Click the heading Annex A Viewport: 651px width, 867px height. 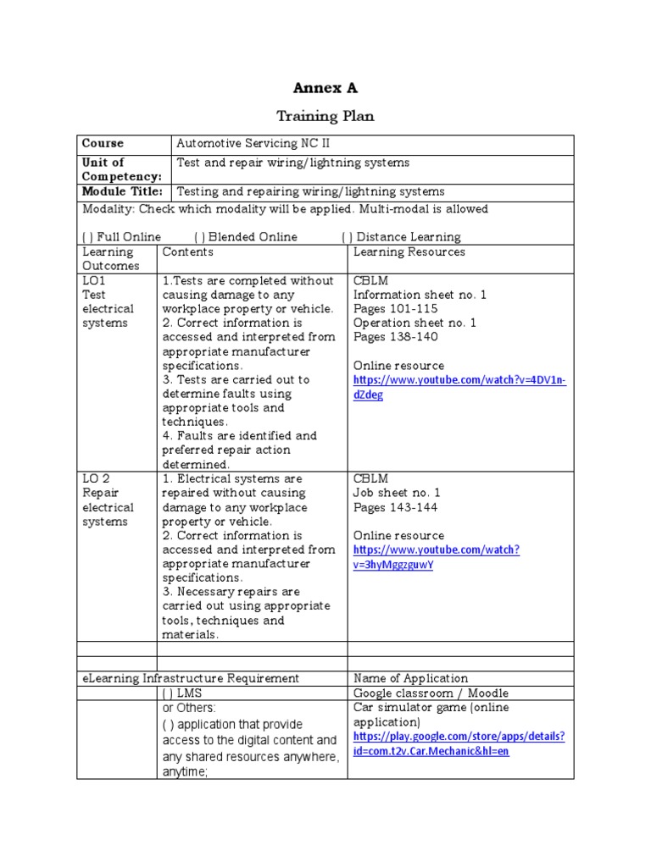(325, 88)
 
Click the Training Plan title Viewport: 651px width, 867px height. (325, 116)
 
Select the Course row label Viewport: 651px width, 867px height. (103, 144)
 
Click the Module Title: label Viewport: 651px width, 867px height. (121, 192)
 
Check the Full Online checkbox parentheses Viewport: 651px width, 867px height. (87, 237)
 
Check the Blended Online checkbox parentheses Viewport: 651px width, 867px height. (199, 237)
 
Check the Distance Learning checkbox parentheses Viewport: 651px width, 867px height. (347, 237)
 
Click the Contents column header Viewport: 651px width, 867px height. (187, 251)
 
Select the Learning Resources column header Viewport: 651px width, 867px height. (409, 251)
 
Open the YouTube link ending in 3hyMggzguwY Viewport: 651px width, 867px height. (436, 557)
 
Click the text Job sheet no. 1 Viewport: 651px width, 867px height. (397, 493)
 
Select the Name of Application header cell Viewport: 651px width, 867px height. (410, 678)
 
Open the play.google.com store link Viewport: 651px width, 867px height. (459, 743)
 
